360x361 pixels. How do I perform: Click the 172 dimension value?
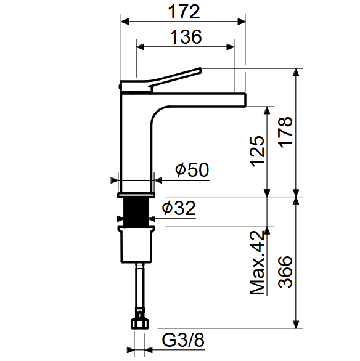pyautogui.click(x=184, y=12)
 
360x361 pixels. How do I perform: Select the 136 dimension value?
pyautogui.click(x=186, y=37)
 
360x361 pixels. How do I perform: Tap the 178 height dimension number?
pyautogui.click(x=285, y=132)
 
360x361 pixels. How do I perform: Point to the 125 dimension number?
pyautogui.click(x=257, y=152)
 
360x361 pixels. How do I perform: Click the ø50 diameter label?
pyautogui.click(x=192, y=169)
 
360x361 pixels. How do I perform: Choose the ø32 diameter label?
pyautogui.click(x=179, y=208)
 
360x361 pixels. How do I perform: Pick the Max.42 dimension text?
pyautogui.click(x=257, y=262)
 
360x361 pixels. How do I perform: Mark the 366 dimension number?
pyautogui.click(x=285, y=272)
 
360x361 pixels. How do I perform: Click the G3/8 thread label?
pyautogui.click(x=183, y=340)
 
